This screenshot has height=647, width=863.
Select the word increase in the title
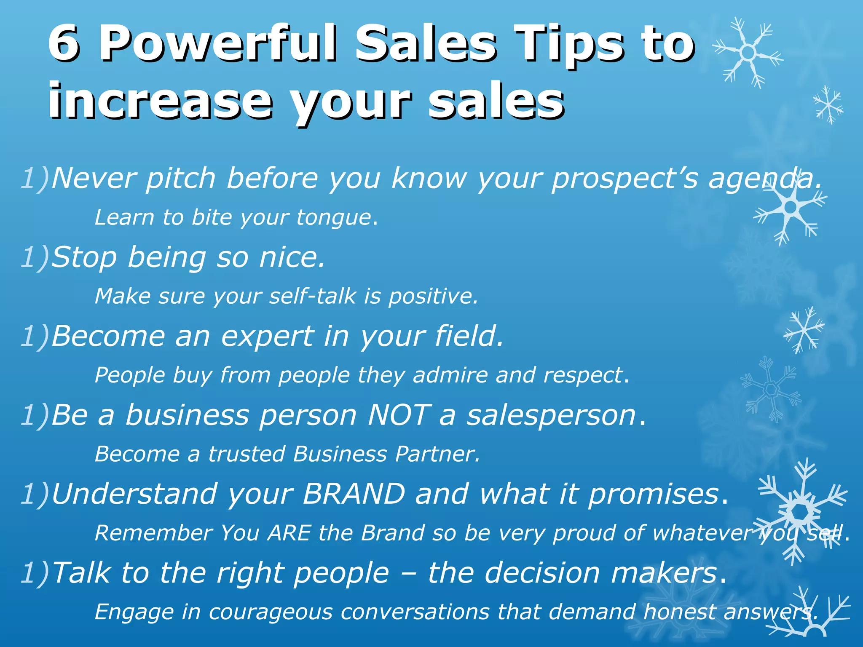pyautogui.click(x=160, y=101)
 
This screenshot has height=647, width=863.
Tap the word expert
pyautogui.click(x=267, y=337)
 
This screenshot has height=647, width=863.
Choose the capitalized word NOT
pyautogui.click(x=399, y=415)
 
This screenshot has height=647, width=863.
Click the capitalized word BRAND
pyautogui.click(x=354, y=494)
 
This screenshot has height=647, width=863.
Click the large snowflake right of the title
pyautogui.click(x=748, y=53)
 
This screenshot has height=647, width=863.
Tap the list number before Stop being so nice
pyautogui.click(x=35, y=257)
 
